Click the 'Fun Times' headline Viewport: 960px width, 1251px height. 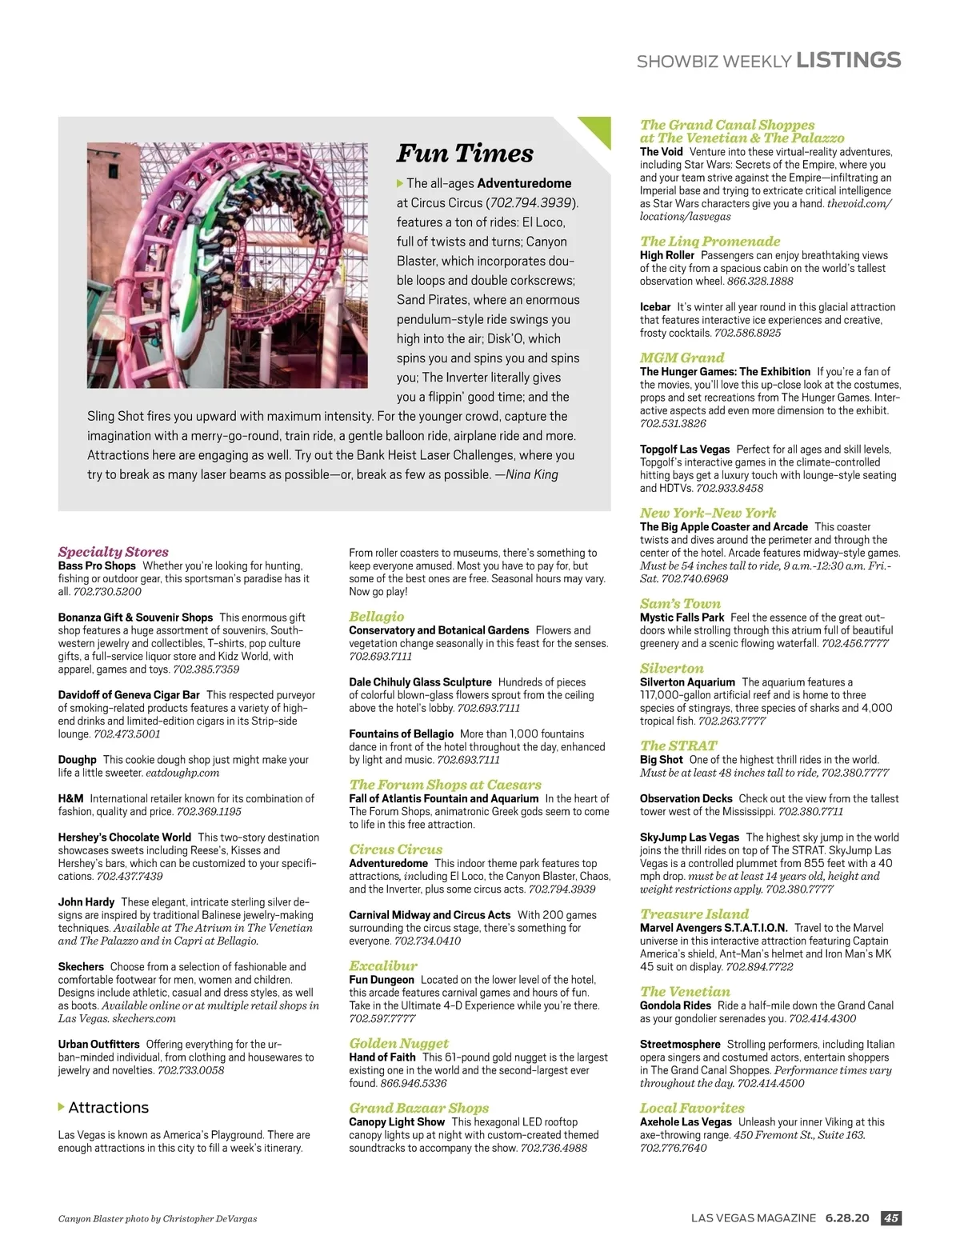pos(465,153)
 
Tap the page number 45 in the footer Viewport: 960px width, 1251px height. pos(890,1218)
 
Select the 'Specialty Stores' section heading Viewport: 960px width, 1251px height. pos(113,551)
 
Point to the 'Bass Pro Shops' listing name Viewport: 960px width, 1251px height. pos(97,566)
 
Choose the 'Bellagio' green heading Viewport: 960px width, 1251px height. pos(376,616)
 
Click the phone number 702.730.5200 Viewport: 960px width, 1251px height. pos(107,592)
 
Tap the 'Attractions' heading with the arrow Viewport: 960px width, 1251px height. pos(108,1107)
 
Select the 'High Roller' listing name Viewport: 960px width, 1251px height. pos(666,255)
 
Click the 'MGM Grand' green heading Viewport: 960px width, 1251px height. pos(682,358)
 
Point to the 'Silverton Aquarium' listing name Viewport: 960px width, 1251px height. pos(687,682)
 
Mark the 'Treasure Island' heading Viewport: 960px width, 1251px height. pos(694,913)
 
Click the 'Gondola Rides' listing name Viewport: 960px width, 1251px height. pos(675,1005)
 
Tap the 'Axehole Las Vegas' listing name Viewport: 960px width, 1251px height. pos(686,1122)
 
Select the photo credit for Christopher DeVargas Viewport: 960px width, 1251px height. pos(158,1219)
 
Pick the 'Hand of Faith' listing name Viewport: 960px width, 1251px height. pos(382,1057)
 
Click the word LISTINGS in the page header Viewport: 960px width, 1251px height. pos(849,60)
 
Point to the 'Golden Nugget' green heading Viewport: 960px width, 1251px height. pos(398,1043)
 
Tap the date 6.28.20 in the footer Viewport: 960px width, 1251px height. pos(846,1218)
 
